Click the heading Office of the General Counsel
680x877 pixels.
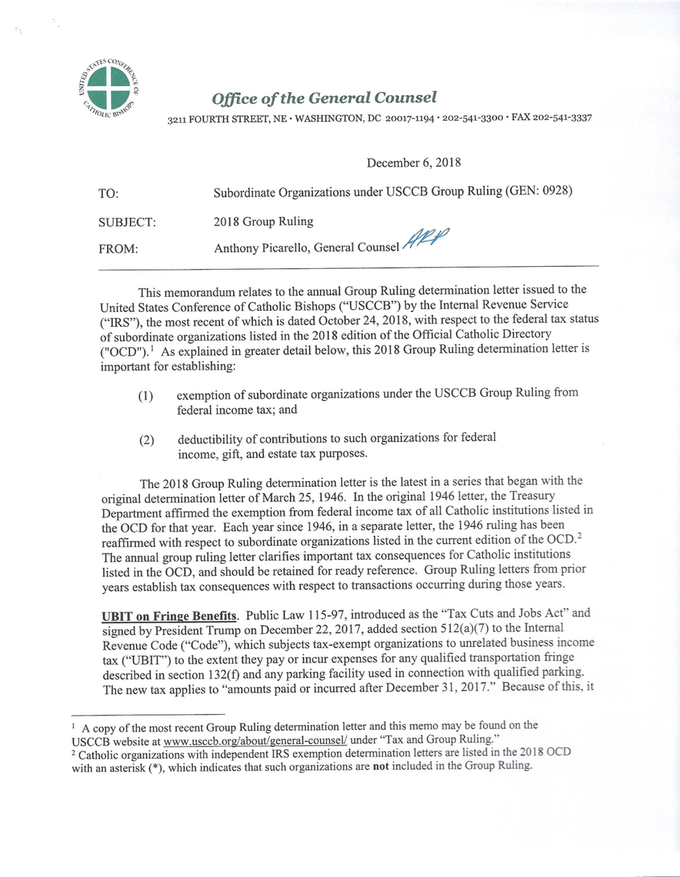point(324,98)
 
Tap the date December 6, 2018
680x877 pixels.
point(413,163)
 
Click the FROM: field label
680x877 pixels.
point(118,249)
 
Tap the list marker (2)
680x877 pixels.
point(146,441)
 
